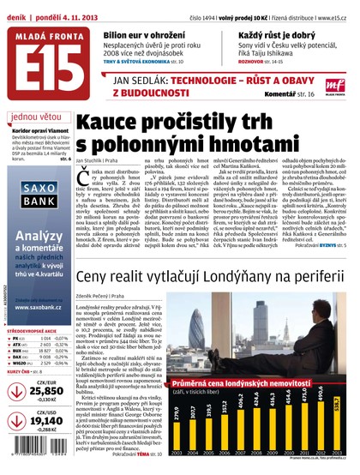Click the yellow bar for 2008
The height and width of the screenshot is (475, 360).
pos(282,436)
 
